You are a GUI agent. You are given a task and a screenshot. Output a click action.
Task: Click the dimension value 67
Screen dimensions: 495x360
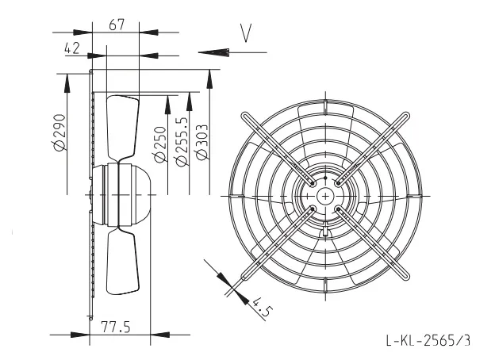coord(117,25)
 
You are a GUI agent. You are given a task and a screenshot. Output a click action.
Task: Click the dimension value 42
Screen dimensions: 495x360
coord(72,48)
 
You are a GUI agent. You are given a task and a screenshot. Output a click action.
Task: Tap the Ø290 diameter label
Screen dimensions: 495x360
coord(59,132)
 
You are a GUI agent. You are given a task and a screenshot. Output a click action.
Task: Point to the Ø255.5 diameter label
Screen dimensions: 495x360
coord(182,142)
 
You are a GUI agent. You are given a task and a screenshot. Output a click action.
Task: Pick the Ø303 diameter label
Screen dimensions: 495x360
coord(201,142)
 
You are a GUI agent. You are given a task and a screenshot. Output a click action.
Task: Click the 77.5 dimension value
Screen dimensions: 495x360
coord(116,327)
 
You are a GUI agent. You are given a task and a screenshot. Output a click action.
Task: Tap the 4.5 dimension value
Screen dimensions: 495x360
coord(261,307)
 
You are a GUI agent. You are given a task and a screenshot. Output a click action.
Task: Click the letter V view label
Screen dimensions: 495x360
coord(246,33)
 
